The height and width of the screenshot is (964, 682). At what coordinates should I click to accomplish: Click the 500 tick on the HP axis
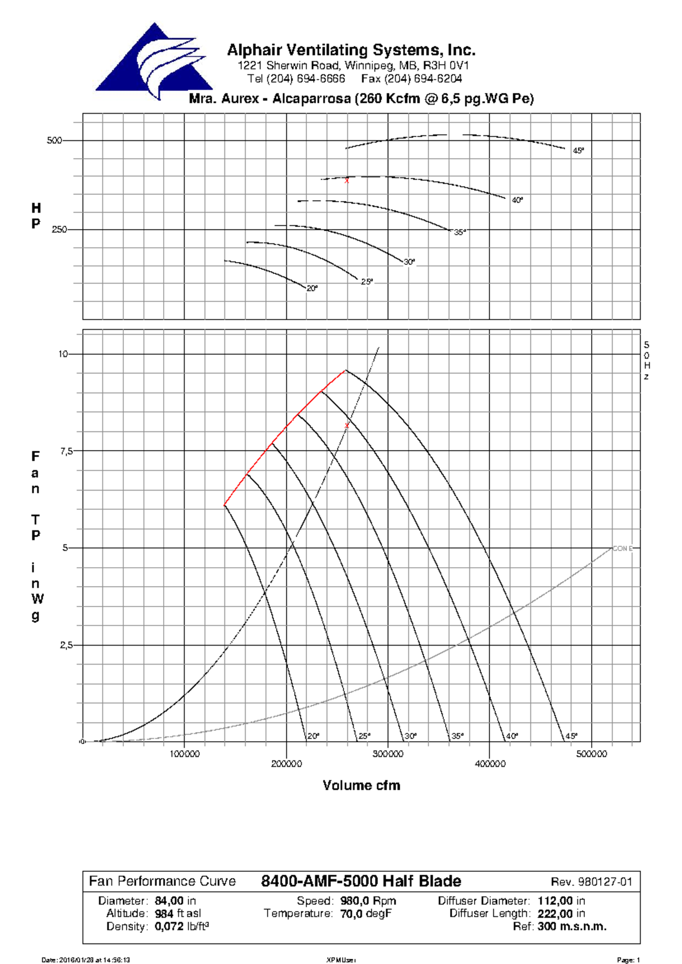pos(54,140)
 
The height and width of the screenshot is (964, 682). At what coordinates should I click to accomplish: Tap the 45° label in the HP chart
pos(578,151)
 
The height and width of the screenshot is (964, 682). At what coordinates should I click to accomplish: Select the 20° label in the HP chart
pos(312,289)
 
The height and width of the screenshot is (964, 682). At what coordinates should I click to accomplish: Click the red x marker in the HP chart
pos(347,181)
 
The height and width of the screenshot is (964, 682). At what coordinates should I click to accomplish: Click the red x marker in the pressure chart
pos(347,426)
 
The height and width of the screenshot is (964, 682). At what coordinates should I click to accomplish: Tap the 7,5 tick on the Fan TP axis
pos(66,451)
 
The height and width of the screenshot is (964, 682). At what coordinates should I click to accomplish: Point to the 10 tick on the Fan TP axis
pos(63,354)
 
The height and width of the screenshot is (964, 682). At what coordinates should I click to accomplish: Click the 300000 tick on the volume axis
pos(388,754)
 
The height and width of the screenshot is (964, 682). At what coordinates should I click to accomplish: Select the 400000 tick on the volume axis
pos(490,764)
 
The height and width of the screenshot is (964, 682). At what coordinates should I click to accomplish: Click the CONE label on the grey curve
pos(622,549)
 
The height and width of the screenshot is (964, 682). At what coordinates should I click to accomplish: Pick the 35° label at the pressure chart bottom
pos(458,736)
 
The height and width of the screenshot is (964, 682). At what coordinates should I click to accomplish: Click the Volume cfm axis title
pos(361,786)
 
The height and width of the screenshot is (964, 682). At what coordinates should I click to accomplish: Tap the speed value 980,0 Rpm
pos(368,901)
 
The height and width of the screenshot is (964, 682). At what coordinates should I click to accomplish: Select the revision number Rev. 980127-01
pos(591,882)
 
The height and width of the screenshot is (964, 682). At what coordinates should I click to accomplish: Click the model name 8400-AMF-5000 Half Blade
pos(361,881)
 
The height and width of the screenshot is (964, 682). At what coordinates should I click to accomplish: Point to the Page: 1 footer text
pos(629,960)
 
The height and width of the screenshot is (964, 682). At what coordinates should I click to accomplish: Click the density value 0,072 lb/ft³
pos(181,926)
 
